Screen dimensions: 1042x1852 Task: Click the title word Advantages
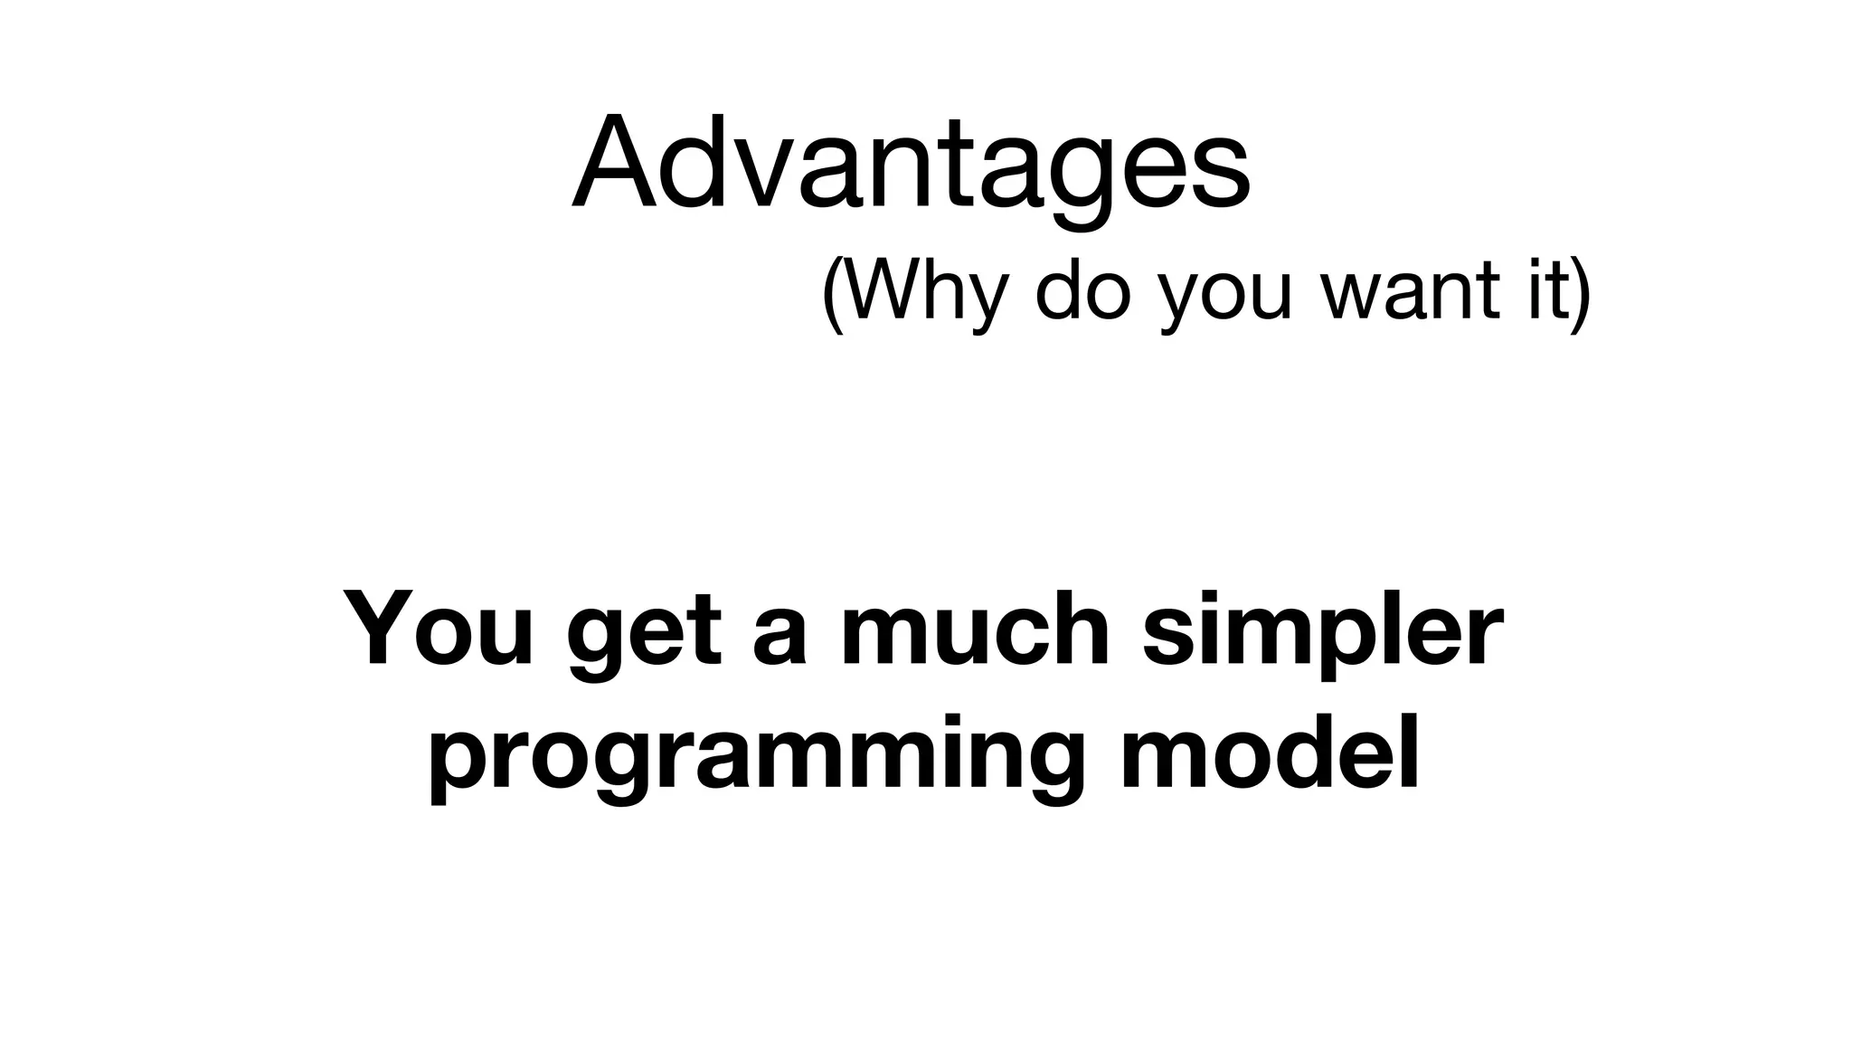coord(912,163)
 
